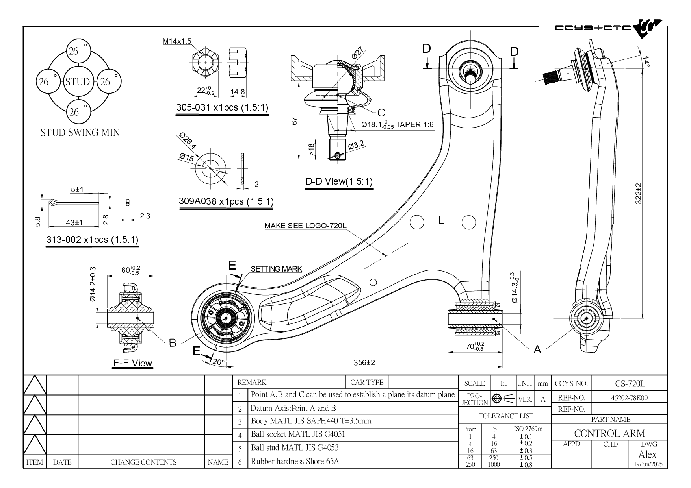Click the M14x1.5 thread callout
tap(177, 41)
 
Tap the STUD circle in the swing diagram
tap(78, 82)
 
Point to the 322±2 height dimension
tap(639, 193)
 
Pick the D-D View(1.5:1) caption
tap(339, 182)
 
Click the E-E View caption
tap(132, 363)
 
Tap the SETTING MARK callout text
tap(276, 269)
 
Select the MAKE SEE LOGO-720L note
tap(305, 226)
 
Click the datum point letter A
tap(537, 349)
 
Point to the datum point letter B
tap(173, 343)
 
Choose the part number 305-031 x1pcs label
tap(222, 107)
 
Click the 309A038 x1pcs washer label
tap(226, 201)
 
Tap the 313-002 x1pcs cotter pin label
tap(92, 239)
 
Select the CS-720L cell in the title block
tap(630, 383)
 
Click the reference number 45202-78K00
tap(629, 398)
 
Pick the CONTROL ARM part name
tap(609, 433)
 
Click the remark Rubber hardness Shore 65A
tap(295, 461)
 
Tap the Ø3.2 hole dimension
tap(356, 145)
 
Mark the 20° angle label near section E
tap(218, 362)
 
